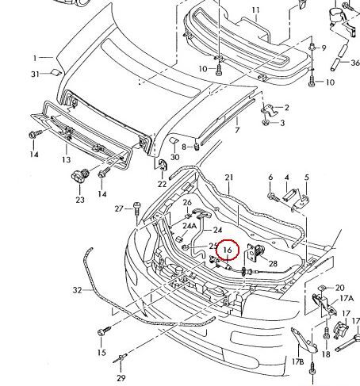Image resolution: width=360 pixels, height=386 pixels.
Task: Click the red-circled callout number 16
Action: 228,250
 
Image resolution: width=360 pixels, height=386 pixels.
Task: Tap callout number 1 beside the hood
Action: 35,58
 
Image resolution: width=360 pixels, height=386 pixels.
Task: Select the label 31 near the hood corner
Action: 35,75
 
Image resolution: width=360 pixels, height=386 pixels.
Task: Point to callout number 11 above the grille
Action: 255,10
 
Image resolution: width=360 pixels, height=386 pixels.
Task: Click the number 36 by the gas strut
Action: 355,63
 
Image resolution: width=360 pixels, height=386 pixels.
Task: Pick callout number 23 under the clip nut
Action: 80,200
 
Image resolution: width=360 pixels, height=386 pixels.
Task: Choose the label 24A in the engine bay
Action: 190,226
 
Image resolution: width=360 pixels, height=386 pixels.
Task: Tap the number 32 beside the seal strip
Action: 77,290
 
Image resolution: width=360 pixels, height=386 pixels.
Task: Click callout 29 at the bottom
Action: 121,378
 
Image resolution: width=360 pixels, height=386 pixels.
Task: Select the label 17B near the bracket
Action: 298,361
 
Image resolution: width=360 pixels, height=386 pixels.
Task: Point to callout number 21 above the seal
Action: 229,178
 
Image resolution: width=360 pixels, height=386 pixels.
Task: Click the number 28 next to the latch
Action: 273,263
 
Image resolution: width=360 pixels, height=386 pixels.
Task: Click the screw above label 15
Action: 105,331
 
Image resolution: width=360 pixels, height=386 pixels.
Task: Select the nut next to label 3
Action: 265,122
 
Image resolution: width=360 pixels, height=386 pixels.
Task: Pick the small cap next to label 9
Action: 312,48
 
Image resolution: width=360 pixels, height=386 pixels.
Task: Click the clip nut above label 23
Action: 80,175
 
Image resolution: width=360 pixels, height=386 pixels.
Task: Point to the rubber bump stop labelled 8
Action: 197,146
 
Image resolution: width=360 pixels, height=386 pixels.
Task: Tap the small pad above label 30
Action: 174,140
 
